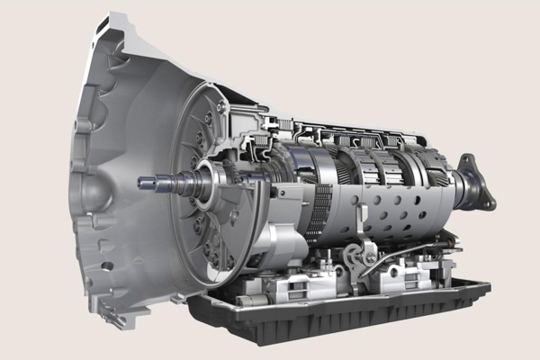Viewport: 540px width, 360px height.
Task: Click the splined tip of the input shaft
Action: click(x=144, y=183)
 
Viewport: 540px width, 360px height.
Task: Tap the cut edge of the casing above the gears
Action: click(x=360, y=130)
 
